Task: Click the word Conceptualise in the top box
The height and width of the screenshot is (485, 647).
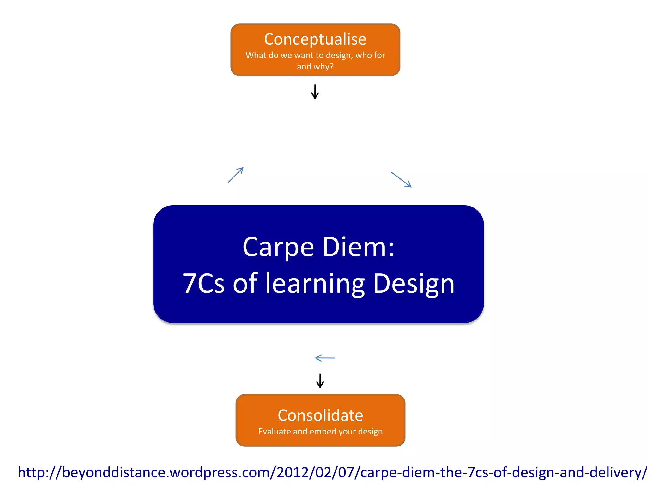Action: coord(315,39)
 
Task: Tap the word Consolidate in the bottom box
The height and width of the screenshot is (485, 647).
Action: coord(320,415)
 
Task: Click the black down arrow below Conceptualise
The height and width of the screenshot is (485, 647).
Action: coord(315,92)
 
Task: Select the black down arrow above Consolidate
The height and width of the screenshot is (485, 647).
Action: coord(320,381)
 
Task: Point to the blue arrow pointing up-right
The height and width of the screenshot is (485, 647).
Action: coord(236,175)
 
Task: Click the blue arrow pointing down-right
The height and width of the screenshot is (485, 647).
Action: coord(401,180)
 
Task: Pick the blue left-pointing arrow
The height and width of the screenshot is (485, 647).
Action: coord(325,358)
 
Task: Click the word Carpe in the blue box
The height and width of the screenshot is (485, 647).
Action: coord(278,247)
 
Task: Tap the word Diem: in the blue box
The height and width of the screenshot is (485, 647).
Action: coord(359,247)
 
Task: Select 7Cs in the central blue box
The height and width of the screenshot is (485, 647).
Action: coord(204,283)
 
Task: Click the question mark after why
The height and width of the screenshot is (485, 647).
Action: coord(331,67)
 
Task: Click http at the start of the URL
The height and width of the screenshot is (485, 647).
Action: coord(30,473)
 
